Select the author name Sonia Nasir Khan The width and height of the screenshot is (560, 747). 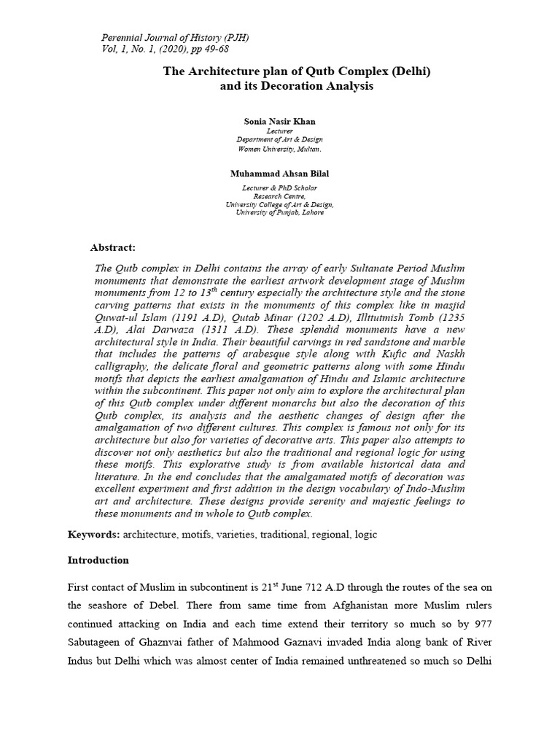[279, 120]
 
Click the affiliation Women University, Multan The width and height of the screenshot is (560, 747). [279, 148]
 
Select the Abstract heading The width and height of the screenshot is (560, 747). [113, 248]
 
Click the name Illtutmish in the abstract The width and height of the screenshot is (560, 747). [367, 306]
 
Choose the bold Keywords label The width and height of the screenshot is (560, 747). [93, 534]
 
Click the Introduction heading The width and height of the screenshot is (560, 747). [98, 560]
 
